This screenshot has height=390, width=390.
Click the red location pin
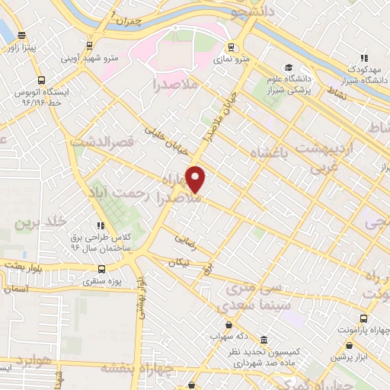pyautogui.click(x=197, y=179)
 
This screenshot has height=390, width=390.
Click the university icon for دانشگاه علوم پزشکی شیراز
pyautogui.click(x=288, y=67)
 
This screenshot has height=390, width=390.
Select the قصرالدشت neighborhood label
pyautogui.click(x=102, y=141)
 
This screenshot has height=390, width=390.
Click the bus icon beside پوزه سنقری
pyautogui.click(x=102, y=269)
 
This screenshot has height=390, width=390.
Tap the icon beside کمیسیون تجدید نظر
pyautogui.click(x=264, y=340)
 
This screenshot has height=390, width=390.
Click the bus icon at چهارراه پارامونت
pyautogui.click(x=363, y=318)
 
